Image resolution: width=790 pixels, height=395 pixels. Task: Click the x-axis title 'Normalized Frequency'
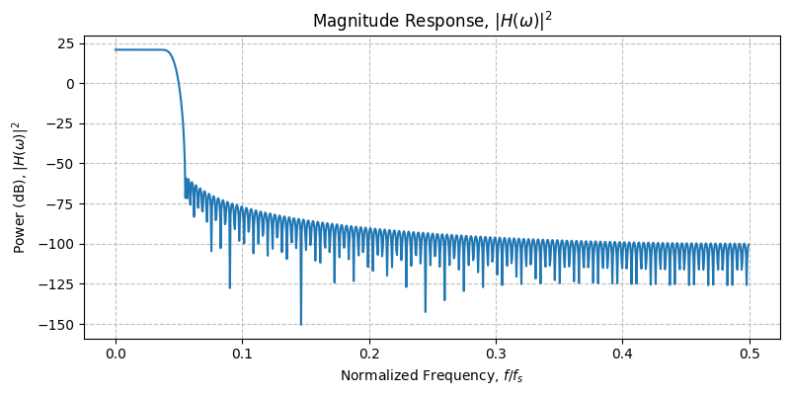tap(432, 376)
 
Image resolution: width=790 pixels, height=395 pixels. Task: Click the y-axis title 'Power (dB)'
tap(18, 188)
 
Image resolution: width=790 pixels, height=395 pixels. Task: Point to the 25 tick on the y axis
tap(65, 43)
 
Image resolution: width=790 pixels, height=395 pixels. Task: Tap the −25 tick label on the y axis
tap(61, 123)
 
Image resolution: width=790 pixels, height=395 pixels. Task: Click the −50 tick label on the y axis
tap(61, 164)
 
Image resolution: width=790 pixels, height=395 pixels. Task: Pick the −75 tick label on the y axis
tap(61, 204)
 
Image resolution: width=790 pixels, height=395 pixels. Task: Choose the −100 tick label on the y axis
tap(57, 244)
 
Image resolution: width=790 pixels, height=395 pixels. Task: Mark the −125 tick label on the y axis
tap(57, 284)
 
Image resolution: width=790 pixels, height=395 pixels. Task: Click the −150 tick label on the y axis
tap(57, 324)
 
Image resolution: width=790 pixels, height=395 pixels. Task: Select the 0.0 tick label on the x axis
tap(116, 354)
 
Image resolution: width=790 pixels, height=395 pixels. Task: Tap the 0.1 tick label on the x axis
tap(242, 354)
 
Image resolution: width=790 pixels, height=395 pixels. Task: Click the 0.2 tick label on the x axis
tap(369, 354)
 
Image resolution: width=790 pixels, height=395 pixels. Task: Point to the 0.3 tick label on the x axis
tap(496, 354)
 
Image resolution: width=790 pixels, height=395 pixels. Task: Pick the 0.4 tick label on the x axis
tap(622, 354)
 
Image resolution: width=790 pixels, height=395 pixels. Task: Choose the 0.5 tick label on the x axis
tap(750, 354)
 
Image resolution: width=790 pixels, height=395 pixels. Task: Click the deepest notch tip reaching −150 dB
tap(301, 324)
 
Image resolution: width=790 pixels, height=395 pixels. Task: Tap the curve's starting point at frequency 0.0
tap(116, 49)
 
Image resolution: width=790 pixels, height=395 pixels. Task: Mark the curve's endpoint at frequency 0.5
tap(750, 244)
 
